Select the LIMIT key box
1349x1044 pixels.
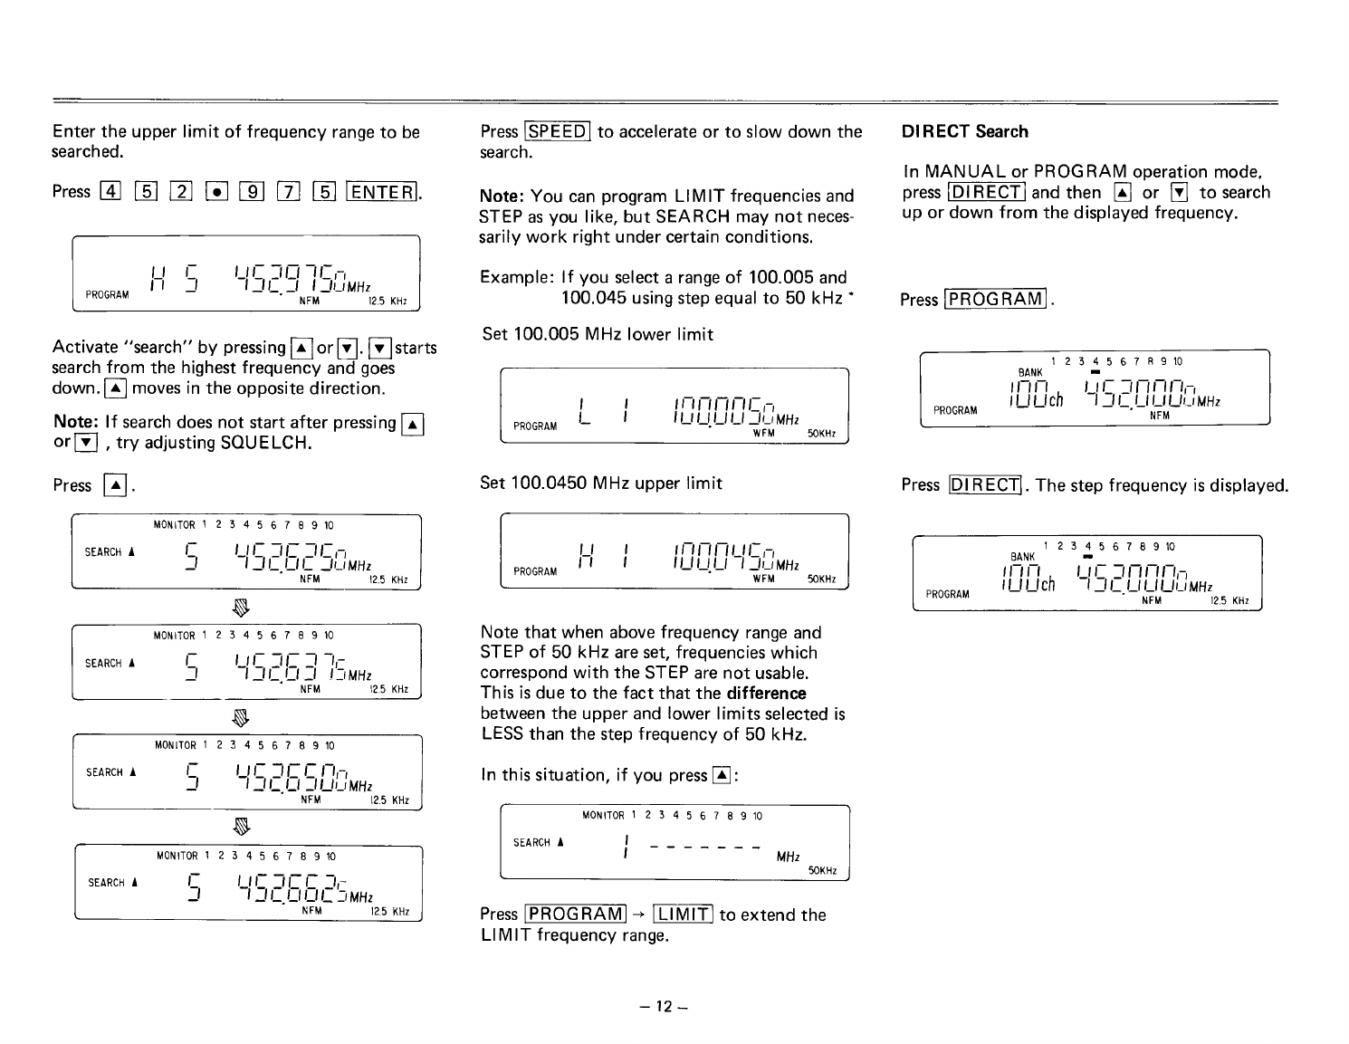click(x=683, y=915)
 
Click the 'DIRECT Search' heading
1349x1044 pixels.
click(x=964, y=131)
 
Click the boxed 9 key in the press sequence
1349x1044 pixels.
click(x=251, y=192)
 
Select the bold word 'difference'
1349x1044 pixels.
click(x=765, y=693)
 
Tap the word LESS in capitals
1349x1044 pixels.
click(x=502, y=733)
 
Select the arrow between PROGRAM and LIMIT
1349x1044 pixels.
click(x=639, y=915)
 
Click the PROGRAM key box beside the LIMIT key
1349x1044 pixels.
click(x=576, y=915)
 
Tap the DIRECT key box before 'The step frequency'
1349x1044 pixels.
click(x=984, y=485)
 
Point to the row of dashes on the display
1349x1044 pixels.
click(x=706, y=848)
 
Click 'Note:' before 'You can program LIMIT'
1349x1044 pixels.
click(x=502, y=196)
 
